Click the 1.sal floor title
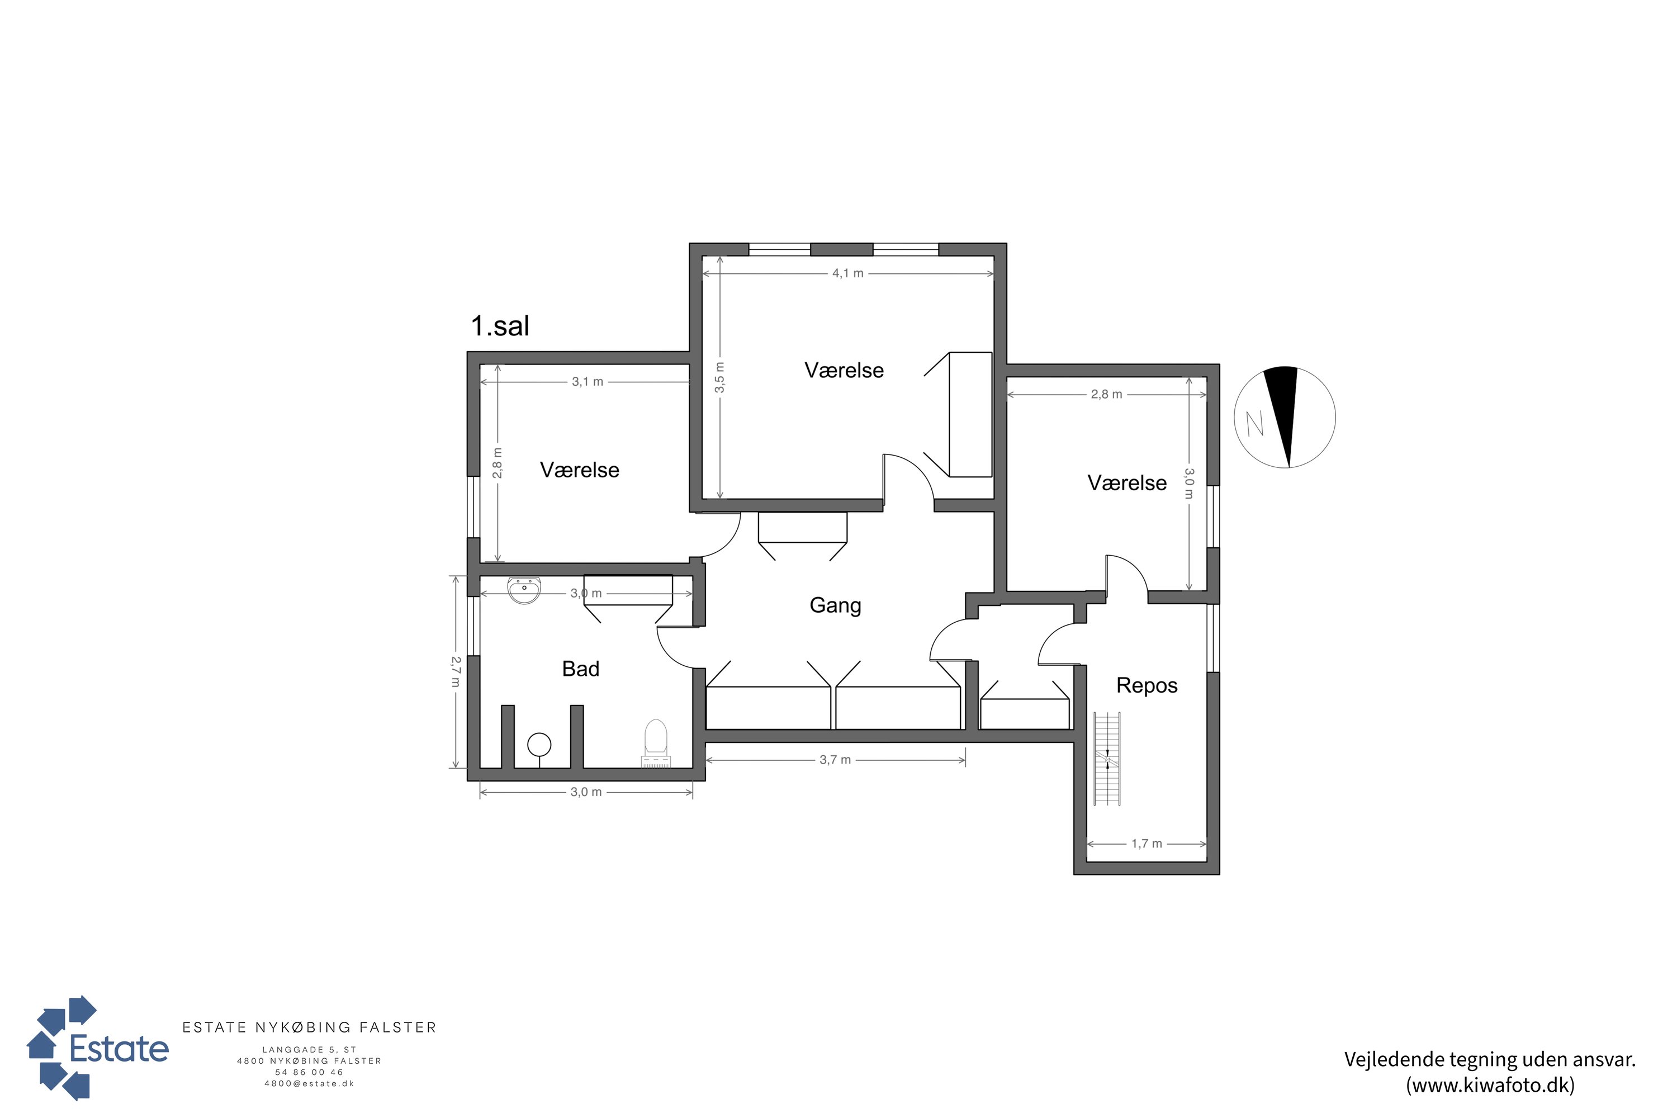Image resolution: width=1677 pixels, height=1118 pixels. pyautogui.click(x=500, y=326)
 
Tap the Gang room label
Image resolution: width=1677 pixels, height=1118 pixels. pyautogui.click(x=835, y=605)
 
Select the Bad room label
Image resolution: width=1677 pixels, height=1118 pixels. pyautogui.click(x=580, y=669)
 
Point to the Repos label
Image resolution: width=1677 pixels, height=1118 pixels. pyautogui.click(x=1147, y=685)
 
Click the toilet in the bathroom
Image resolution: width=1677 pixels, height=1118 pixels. pyautogui.click(x=655, y=742)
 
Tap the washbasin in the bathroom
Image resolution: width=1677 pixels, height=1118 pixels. pyautogui.click(x=524, y=590)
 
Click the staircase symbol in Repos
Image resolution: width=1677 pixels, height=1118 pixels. pyautogui.click(x=1107, y=759)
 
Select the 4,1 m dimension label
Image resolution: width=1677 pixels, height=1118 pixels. pyautogui.click(x=848, y=274)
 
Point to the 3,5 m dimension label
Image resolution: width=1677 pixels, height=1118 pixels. pyautogui.click(x=720, y=377)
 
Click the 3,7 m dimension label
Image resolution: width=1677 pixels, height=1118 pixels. pyautogui.click(x=835, y=760)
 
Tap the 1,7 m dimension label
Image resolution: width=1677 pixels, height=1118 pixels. pyautogui.click(x=1147, y=844)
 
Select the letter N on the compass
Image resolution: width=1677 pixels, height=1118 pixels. pyautogui.click(x=1255, y=424)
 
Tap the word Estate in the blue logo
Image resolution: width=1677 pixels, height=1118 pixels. pyautogui.click(x=119, y=1049)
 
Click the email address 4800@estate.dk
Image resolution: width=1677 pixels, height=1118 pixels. pyautogui.click(x=310, y=1084)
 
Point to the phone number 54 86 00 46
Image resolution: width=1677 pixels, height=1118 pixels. pyautogui.click(x=310, y=1072)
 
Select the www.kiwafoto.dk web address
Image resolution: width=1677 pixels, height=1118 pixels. pyautogui.click(x=1490, y=1084)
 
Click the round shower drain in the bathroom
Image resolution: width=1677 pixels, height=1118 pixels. pyautogui.click(x=539, y=745)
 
